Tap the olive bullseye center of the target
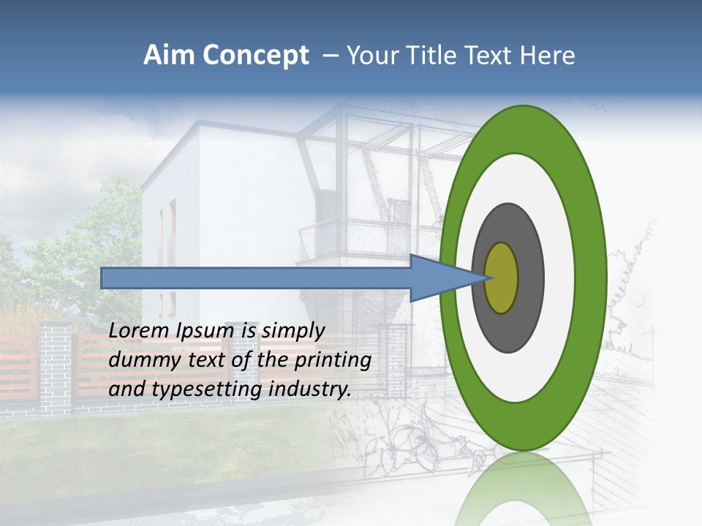click(x=502, y=278)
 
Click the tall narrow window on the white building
click(x=173, y=234)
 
